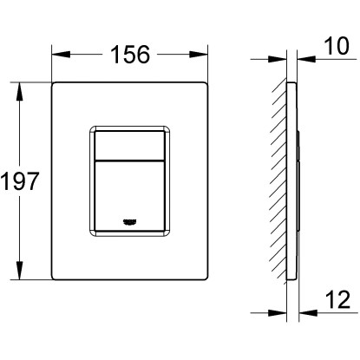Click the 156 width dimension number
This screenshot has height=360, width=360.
[x=130, y=55]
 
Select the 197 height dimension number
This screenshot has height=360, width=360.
[x=19, y=181]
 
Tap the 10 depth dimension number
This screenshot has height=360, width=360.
[x=337, y=46]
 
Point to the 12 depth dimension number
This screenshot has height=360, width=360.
[x=338, y=299]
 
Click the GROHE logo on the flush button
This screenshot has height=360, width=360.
[x=129, y=222]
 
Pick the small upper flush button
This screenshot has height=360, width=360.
[x=130, y=145]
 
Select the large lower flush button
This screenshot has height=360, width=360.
[x=130, y=195]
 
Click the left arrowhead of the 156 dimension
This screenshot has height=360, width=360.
[x=61, y=55]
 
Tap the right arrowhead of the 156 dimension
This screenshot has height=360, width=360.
[x=199, y=55]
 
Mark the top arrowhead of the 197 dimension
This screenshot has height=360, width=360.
[x=19, y=92]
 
